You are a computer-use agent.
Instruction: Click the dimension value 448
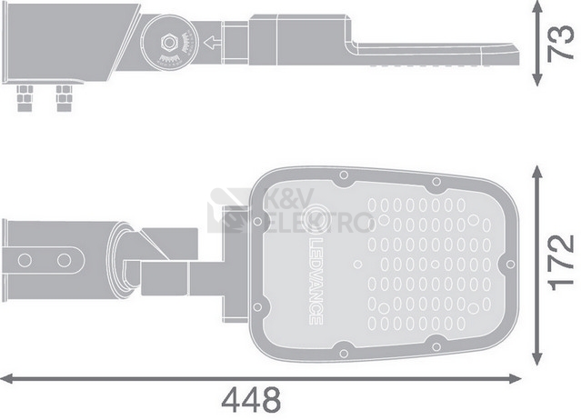[251, 400]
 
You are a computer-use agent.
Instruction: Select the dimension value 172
[561, 263]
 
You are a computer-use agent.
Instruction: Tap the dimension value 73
[561, 43]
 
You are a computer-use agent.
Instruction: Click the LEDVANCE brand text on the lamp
[316, 281]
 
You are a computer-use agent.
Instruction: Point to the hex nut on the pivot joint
[169, 43]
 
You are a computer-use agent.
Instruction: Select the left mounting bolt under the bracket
[25, 98]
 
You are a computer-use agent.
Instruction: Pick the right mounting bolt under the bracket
[65, 98]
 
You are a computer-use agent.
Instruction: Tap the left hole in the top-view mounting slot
[25, 260]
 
